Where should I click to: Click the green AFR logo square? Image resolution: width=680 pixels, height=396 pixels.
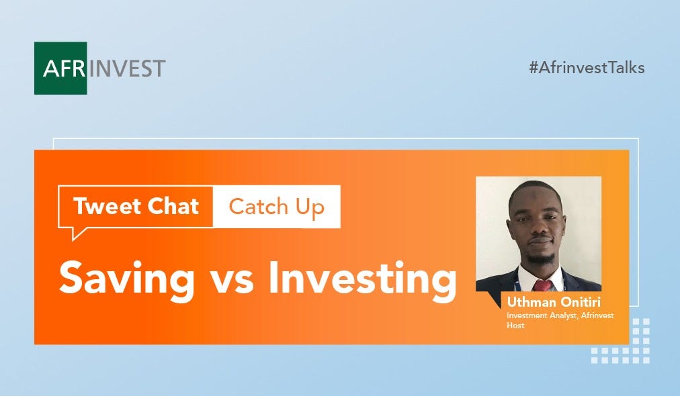click(x=60, y=68)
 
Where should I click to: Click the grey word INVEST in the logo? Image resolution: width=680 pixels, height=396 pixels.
click(x=127, y=69)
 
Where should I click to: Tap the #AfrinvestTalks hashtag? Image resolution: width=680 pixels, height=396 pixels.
click(x=587, y=68)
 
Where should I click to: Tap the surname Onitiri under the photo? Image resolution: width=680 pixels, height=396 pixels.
click(x=581, y=301)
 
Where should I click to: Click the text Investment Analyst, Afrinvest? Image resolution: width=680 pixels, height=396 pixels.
click(x=560, y=315)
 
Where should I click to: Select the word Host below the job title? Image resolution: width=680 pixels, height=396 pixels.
click(x=515, y=326)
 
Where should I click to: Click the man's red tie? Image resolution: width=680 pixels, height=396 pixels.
click(x=543, y=285)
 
